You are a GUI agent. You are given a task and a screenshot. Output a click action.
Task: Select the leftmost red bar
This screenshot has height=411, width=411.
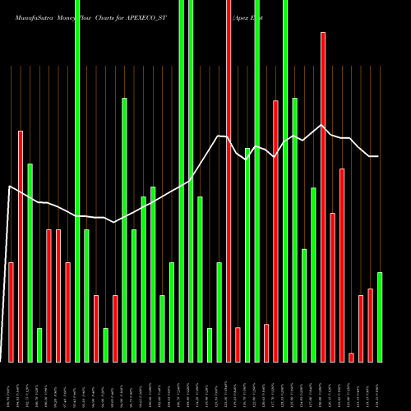point(11,312)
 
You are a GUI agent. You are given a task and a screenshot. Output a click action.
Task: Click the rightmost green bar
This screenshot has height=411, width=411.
point(380,316)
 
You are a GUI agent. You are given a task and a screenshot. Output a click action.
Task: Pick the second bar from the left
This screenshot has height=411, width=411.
point(21,247)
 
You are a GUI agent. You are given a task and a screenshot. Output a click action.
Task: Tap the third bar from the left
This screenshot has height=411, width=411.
point(30,263)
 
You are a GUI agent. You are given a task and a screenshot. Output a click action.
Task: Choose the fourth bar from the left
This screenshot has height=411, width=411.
point(39,345)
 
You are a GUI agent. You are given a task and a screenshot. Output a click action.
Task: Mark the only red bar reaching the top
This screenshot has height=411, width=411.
point(229,181)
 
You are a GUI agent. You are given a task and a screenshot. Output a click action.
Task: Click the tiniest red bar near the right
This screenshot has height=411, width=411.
point(351,357)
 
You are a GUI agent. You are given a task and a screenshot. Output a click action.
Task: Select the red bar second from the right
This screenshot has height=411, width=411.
point(371,326)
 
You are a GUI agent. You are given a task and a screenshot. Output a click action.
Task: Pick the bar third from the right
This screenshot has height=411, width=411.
point(361,329)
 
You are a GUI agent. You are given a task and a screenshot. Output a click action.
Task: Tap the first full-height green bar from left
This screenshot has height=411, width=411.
point(77,181)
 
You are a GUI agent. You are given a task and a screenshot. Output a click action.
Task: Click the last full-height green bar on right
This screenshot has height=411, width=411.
point(285,181)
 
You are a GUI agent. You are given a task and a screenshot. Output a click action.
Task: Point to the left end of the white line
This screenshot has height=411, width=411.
point(9,187)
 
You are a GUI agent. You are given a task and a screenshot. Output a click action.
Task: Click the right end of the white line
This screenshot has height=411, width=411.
point(378,156)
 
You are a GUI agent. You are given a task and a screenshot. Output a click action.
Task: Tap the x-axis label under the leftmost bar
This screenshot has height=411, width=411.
point(11,386)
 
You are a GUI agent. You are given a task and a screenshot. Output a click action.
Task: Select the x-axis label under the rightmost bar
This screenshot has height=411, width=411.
point(380,386)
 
